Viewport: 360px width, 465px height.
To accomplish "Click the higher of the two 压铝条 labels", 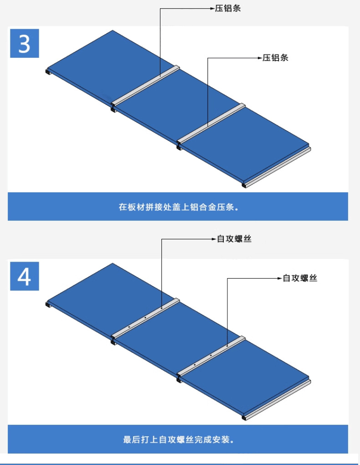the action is (x=228, y=9).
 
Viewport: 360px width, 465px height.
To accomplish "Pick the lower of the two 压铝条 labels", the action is (x=276, y=58).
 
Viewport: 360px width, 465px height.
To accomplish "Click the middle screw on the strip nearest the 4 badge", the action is (x=145, y=318).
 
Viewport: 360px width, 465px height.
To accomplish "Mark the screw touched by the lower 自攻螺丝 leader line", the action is (x=227, y=346).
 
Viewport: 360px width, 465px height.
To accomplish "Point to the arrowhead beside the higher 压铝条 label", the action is (x=213, y=9).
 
